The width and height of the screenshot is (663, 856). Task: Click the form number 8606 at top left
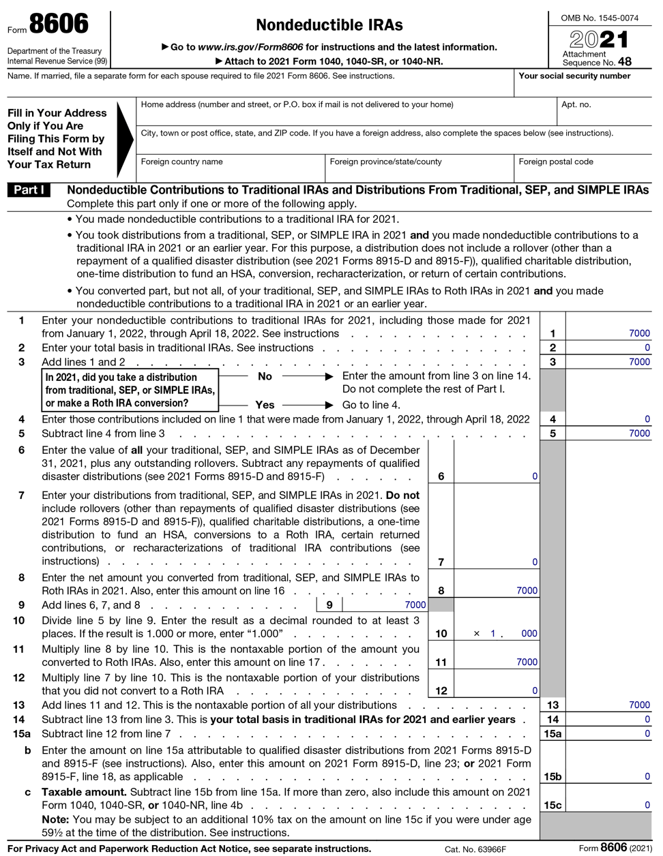pos(58,25)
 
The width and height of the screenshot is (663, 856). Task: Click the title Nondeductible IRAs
pos(329,25)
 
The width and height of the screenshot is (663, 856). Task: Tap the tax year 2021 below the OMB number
pos(599,39)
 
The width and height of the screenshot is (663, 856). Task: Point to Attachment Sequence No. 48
pos(597,59)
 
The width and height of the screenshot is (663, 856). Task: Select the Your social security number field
pos(583,84)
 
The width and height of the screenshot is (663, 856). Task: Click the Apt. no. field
pos(604,112)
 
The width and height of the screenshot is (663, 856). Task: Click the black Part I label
pos(29,190)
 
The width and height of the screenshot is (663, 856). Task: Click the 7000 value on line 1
pos(638,333)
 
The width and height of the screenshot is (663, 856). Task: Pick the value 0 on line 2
pos(647,348)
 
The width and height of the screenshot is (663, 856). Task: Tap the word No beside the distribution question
pos(265,376)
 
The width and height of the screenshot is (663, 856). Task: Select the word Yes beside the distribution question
pos(265,405)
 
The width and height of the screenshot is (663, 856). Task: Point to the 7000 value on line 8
pos(526,591)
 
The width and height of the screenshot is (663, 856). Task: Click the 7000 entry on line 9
pos(415,605)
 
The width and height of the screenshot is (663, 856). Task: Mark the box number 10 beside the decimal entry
pos(441,633)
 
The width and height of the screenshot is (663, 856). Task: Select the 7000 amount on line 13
pos(638,705)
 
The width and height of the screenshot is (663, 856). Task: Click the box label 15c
pos(552,805)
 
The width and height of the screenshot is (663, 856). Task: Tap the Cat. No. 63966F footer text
pos(475,849)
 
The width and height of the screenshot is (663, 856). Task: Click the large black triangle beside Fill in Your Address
pos(125,139)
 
